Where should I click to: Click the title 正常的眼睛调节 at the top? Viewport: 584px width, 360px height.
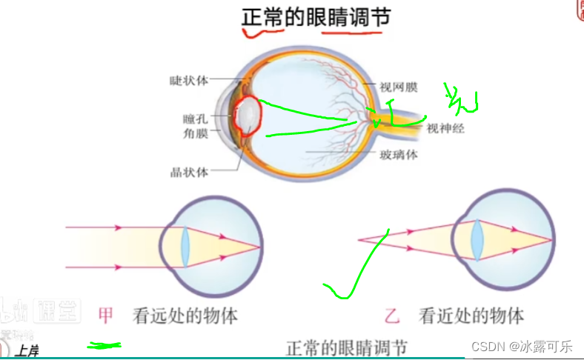(x=316, y=17)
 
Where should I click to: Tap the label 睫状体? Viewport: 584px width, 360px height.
(x=189, y=80)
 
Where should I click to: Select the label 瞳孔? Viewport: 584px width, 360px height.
(x=197, y=119)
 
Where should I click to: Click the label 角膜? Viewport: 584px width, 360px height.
(x=197, y=134)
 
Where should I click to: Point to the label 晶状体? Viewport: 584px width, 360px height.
(x=189, y=172)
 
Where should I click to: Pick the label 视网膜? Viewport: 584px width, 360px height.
(x=399, y=87)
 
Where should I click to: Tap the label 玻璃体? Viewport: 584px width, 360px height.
(x=399, y=155)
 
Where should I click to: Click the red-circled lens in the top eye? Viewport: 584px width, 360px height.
(x=248, y=117)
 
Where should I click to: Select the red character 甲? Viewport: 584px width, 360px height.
(x=107, y=316)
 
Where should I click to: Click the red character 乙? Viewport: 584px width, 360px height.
(x=393, y=316)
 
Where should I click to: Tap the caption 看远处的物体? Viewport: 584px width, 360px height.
(x=185, y=316)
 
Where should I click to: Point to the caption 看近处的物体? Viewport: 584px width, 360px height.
(x=471, y=316)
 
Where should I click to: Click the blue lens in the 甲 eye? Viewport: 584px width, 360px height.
(x=186, y=246)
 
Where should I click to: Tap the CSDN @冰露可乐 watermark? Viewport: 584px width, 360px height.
(x=522, y=346)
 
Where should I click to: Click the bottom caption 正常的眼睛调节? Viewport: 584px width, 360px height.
(x=346, y=348)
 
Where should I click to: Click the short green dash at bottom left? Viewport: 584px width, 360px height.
(x=104, y=345)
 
